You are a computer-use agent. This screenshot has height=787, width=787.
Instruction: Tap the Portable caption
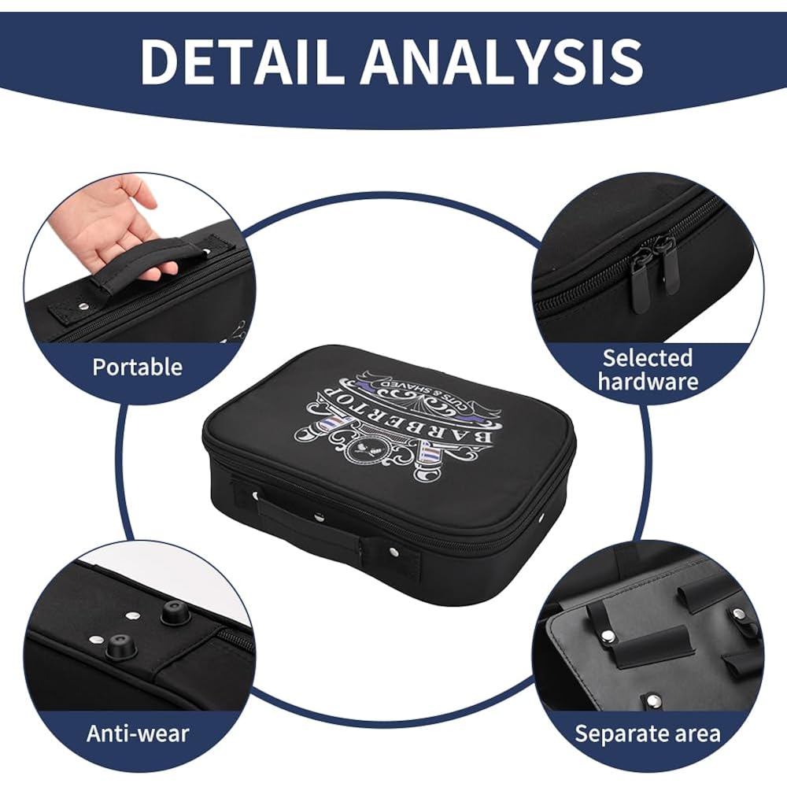pos(137,368)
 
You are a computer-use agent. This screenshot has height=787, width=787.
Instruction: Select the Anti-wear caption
pos(138,733)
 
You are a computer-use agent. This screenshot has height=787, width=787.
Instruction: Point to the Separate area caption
pos(648,733)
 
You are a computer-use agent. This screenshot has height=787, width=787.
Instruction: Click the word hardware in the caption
pos(648,382)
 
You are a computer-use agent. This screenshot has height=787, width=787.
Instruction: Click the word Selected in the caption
pos(648,358)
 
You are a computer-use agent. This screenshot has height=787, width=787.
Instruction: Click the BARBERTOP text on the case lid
pos(397,421)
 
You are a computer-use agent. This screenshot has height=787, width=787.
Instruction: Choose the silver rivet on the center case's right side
pos(544,518)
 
